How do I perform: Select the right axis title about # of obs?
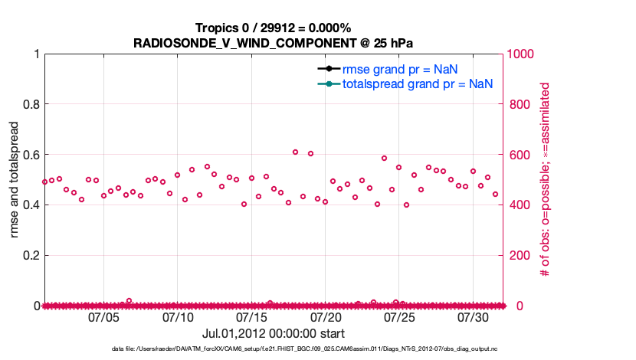[546, 179]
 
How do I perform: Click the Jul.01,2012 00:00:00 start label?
[274, 334]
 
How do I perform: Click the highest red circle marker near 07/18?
[296, 152]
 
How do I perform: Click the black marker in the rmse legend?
[328, 69]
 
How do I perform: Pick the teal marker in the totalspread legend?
[328, 83]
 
